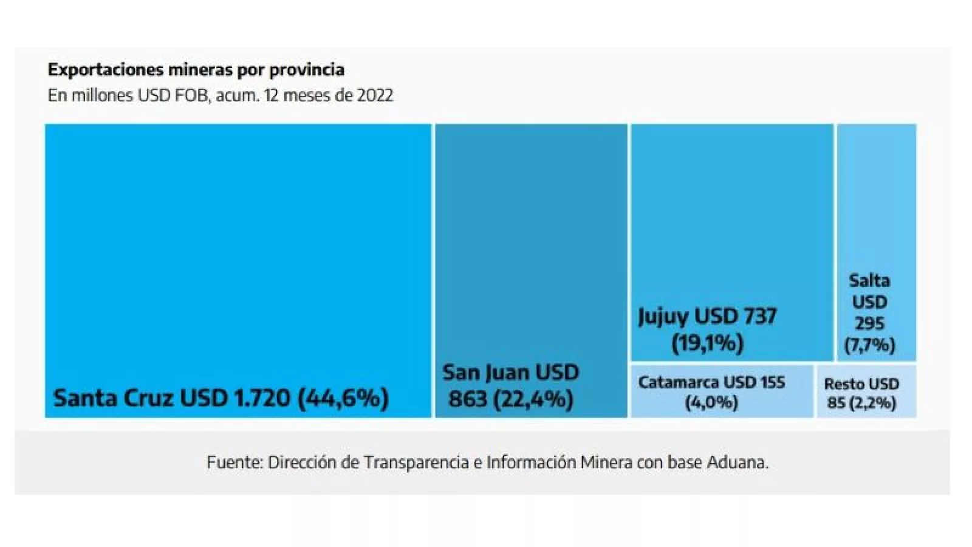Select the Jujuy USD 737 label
click(x=707, y=317)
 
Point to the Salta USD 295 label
click(x=869, y=302)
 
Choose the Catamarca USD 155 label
click(x=711, y=383)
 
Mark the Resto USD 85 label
click(x=861, y=385)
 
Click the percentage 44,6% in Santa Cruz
click(x=343, y=399)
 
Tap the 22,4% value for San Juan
click(x=533, y=399)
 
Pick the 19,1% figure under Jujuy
click(x=708, y=344)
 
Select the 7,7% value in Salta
click(x=870, y=345)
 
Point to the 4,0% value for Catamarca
click(x=711, y=403)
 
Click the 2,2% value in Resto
click(x=875, y=403)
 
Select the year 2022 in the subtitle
click(x=375, y=95)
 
